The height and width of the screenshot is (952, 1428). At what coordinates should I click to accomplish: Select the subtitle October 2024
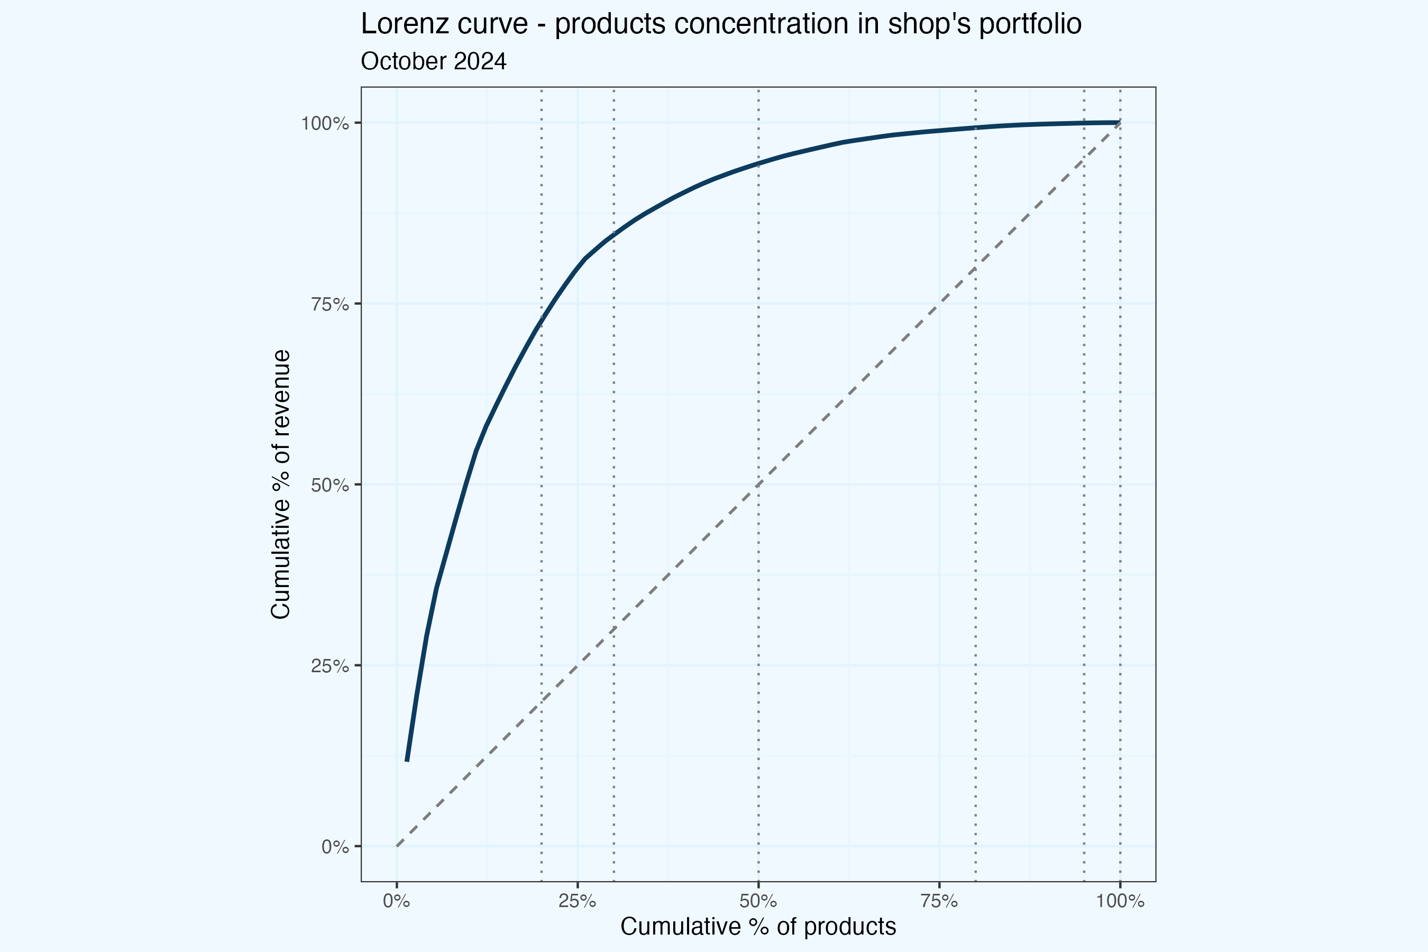click(x=434, y=61)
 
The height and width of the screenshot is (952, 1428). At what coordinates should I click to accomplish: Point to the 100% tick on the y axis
click(x=325, y=123)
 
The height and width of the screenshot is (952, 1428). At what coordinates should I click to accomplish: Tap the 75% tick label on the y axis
click(x=329, y=304)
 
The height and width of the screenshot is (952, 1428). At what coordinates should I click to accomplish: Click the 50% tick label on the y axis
click(x=329, y=485)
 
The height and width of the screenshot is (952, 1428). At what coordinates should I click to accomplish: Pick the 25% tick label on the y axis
click(x=329, y=666)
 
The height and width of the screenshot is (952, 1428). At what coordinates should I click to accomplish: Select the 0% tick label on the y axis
click(x=335, y=847)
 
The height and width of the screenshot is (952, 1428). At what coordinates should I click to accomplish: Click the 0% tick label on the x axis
click(x=397, y=901)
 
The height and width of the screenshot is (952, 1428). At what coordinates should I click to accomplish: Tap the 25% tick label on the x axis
click(x=578, y=901)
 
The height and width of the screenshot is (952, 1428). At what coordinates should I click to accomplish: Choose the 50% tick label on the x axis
click(x=758, y=901)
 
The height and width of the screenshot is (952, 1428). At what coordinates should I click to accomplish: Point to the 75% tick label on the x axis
click(x=939, y=901)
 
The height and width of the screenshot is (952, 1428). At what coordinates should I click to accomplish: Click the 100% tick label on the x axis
click(x=1120, y=901)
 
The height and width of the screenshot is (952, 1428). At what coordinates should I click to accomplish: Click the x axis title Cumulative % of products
click(x=758, y=927)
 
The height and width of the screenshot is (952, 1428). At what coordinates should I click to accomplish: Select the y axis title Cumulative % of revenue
click(x=281, y=484)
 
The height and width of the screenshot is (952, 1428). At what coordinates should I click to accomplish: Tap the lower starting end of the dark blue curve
click(x=407, y=760)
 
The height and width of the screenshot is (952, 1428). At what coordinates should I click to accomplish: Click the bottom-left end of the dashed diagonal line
click(x=397, y=846)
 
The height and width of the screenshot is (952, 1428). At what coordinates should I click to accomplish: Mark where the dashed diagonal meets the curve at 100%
click(x=1120, y=123)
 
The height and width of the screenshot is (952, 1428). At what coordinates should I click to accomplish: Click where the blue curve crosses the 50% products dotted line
click(x=758, y=163)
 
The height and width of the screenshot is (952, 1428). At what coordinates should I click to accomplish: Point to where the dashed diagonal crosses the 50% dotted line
click(x=758, y=484)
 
